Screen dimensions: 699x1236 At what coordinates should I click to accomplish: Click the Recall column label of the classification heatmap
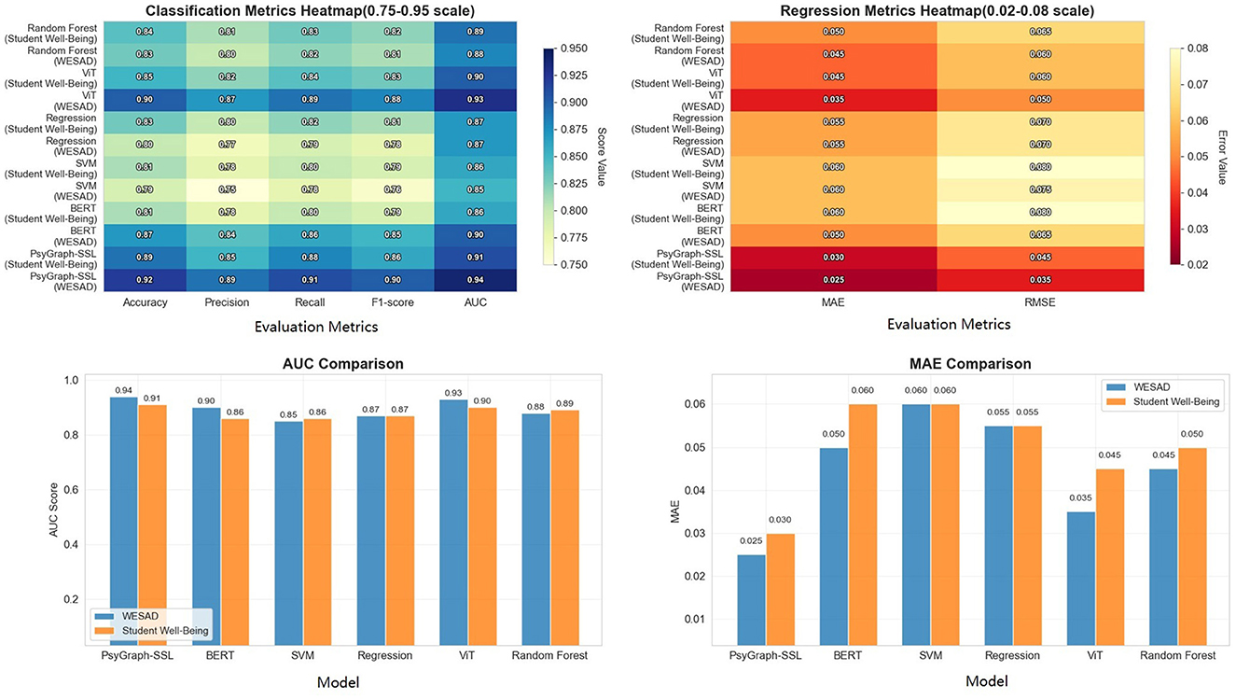point(313,303)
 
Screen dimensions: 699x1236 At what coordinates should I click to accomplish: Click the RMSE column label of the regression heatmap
point(1041,303)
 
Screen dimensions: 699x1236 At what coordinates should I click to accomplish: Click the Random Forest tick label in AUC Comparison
point(549,656)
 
